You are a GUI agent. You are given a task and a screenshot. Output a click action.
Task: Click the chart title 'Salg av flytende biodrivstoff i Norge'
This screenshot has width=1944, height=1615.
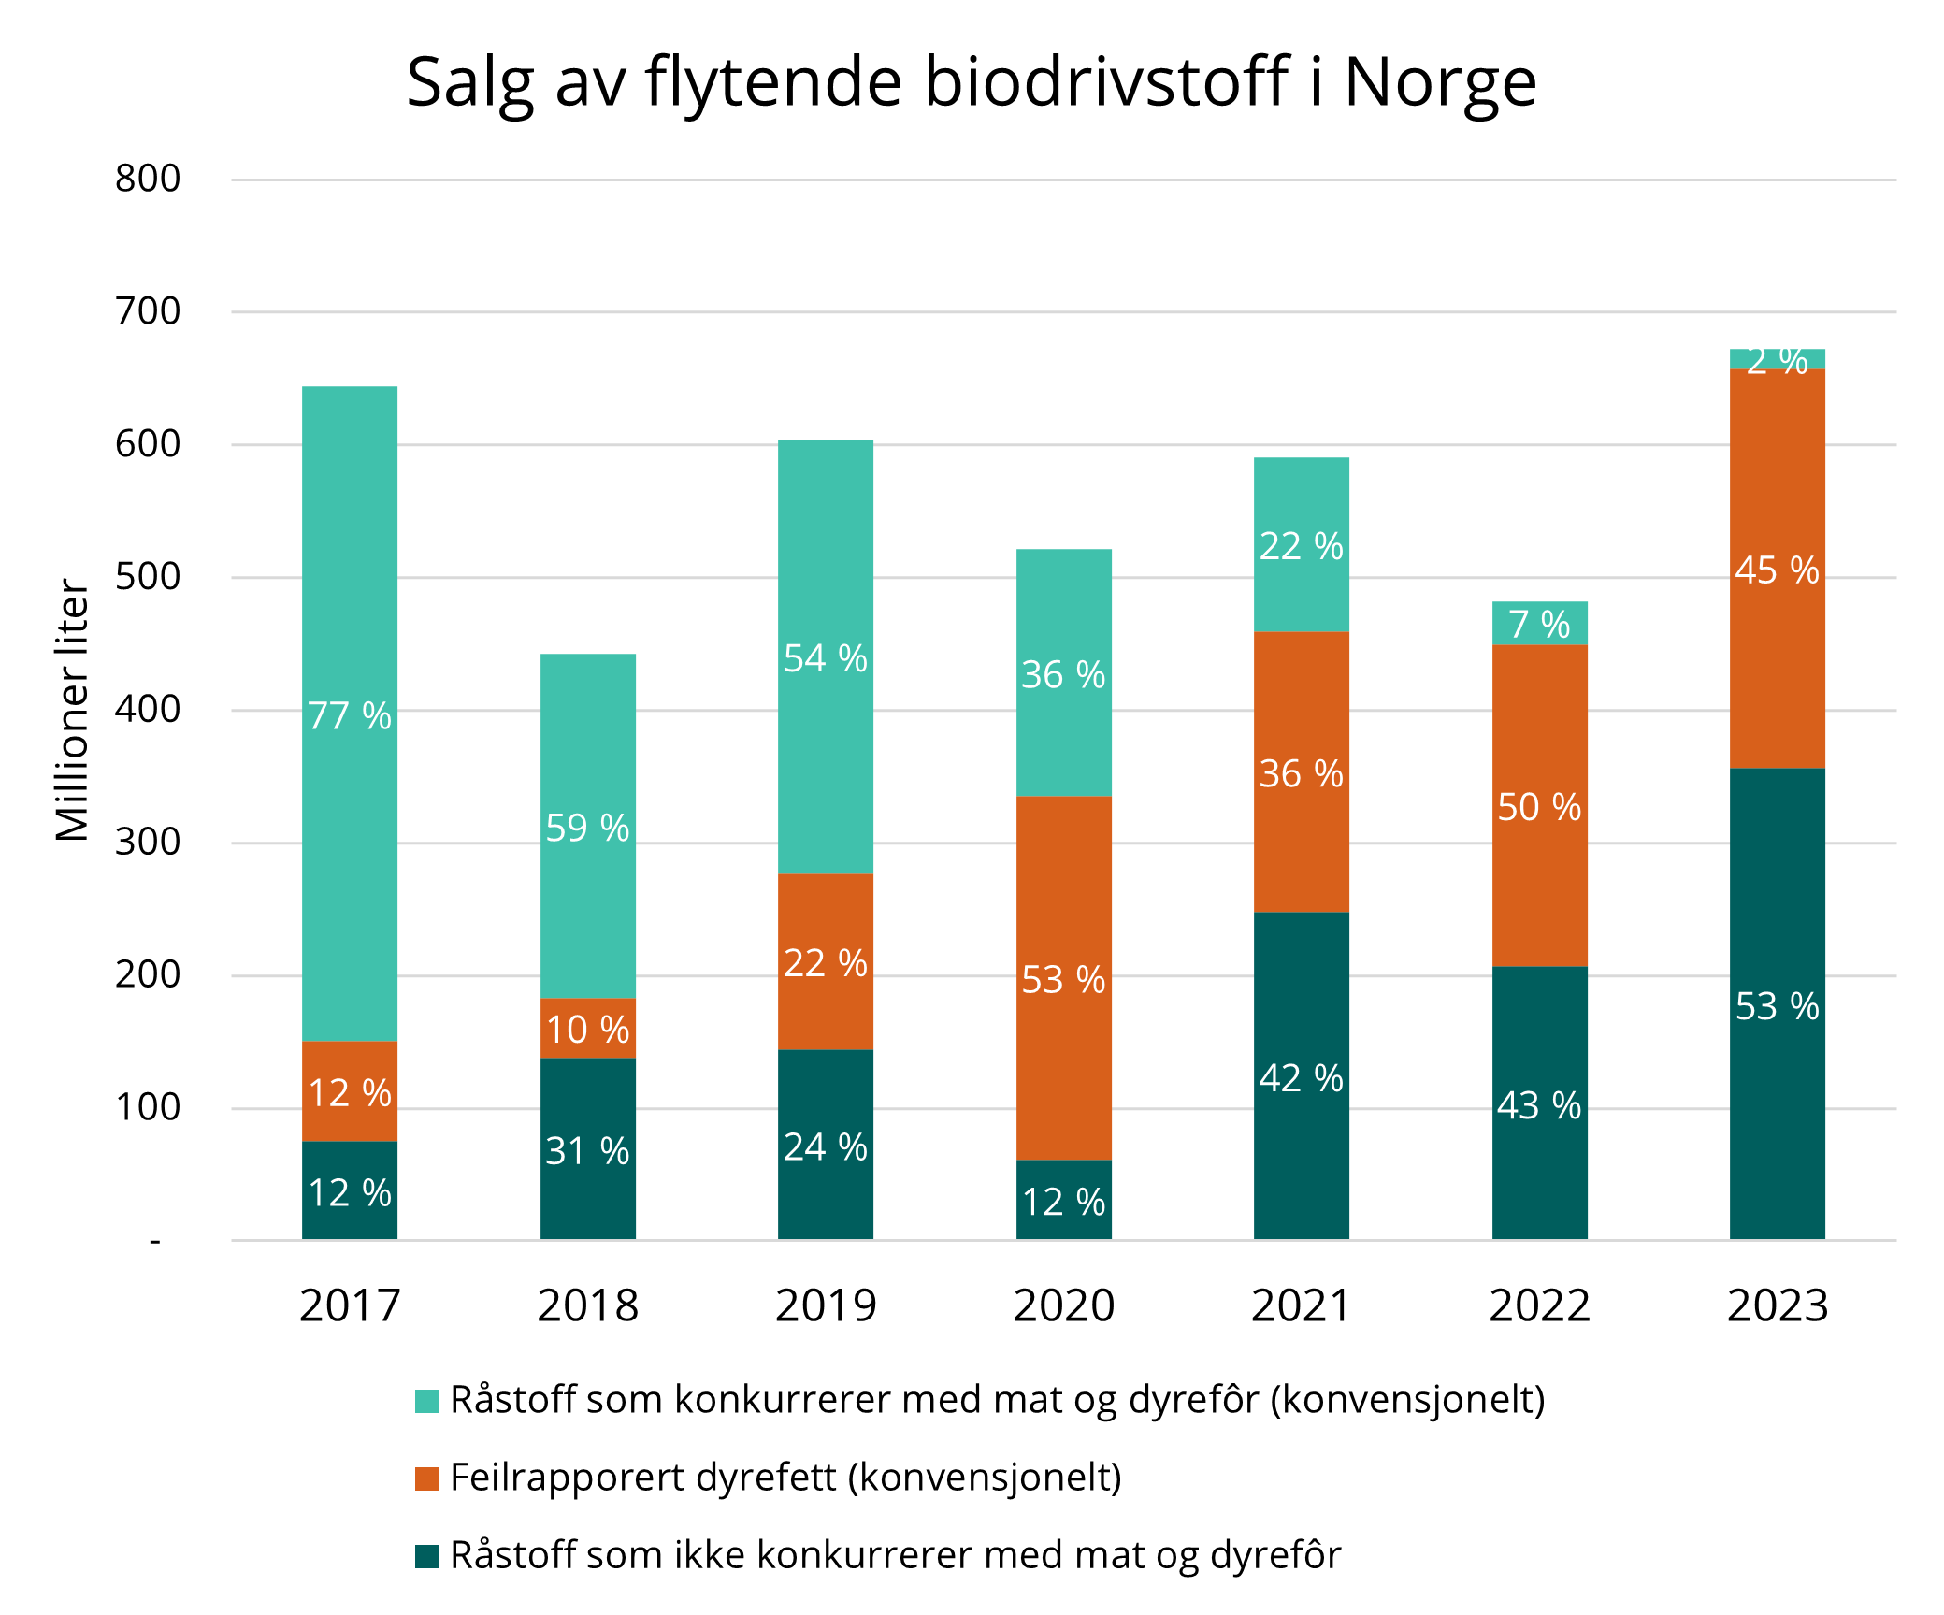[x=972, y=82]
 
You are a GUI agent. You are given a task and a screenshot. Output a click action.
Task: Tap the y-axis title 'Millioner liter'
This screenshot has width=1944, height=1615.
[x=72, y=711]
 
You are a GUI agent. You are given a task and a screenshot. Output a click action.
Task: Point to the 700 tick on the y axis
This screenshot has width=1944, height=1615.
[x=148, y=311]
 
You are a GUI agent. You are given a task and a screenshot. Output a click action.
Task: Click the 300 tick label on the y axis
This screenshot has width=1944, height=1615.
[x=148, y=843]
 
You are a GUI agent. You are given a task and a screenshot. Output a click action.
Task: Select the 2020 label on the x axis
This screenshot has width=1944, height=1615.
[x=1064, y=1305]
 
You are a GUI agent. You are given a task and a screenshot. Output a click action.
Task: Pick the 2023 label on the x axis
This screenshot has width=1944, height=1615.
[x=1777, y=1305]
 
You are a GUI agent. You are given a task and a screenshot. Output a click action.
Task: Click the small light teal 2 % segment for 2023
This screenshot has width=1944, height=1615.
[x=1777, y=358]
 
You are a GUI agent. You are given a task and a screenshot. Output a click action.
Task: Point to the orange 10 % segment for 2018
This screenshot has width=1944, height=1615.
[x=588, y=1029]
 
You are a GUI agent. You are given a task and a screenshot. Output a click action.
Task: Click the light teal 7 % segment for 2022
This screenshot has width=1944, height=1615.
[x=1539, y=624]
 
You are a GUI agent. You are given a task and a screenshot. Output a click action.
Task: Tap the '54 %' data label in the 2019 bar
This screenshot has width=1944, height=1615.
[x=826, y=659]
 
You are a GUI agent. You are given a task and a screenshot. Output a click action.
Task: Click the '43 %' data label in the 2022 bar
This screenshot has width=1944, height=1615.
[x=1539, y=1106]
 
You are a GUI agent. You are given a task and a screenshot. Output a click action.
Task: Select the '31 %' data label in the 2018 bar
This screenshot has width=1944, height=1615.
[x=588, y=1151]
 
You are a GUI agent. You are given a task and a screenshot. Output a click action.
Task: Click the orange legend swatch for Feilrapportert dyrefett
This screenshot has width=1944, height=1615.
[x=427, y=1478]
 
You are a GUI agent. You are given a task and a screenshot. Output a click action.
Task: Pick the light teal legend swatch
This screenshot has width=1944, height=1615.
[x=427, y=1401]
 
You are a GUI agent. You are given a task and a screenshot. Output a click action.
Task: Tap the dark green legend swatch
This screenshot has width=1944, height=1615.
[x=427, y=1556]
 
